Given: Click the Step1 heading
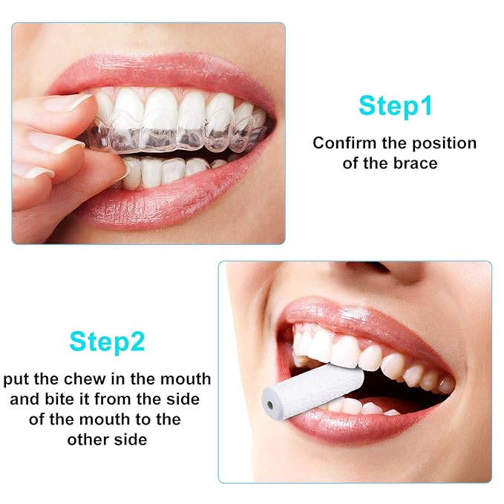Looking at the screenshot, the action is pyautogui.click(x=395, y=105).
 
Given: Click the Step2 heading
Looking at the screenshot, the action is pyautogui.click(x=107, y=341).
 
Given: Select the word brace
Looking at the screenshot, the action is pyautogui.click(x=416, y=163).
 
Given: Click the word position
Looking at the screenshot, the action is pyautogui.click(x=444, y=144).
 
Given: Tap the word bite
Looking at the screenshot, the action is pyautogui.click(x=56, y=399).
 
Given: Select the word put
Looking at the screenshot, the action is pyautogui.click(x=16, y=380).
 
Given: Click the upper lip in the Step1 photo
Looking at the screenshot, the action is pyautogui.click(x=161, y=76).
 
